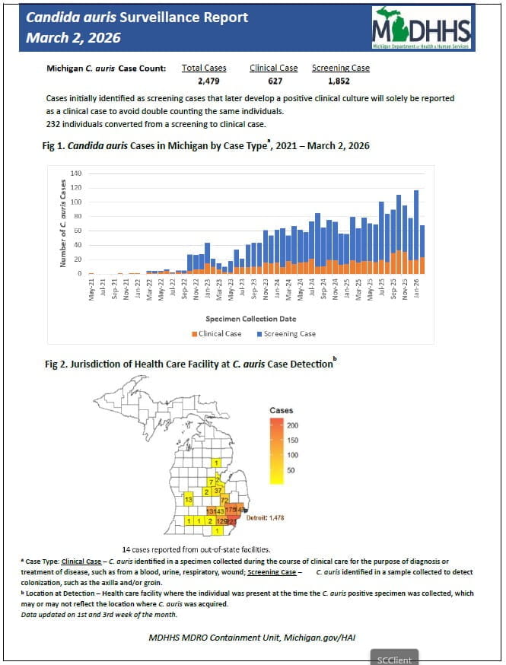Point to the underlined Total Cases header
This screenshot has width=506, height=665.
204,68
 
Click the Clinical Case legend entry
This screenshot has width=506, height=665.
217,333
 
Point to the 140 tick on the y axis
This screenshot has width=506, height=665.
76,173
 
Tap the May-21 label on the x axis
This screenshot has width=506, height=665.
91,292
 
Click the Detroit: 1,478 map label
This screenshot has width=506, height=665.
266,517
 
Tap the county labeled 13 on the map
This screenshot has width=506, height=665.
187,499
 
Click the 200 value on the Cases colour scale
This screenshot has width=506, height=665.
292,425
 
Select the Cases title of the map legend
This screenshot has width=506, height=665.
281,411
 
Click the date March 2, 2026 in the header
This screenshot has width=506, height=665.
73,37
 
